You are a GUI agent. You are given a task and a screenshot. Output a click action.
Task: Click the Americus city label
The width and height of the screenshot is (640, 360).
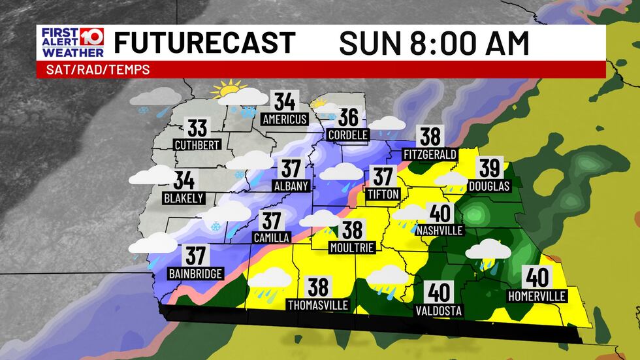coord(284,120)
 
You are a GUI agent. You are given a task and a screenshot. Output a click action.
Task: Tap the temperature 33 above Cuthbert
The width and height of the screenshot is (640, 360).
coord(197,127)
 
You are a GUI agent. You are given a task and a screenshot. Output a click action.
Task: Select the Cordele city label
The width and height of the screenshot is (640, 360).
coord(349,135)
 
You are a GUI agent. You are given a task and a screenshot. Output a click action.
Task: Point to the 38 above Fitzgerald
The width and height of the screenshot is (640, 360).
coord(430,137)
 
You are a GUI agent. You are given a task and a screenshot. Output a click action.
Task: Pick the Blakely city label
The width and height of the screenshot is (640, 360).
coord(185,198)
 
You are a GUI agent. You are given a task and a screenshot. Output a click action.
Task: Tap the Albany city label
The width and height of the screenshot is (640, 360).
coord(291,186)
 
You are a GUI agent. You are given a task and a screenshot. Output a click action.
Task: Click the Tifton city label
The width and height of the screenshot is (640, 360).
coord(383,193)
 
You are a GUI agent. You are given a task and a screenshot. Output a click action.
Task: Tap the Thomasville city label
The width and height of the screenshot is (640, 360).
coord(319,304)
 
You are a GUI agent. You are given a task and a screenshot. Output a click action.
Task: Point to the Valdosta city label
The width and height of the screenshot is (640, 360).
coord(438,310)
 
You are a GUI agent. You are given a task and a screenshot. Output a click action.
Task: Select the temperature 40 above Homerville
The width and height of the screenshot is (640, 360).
coord(537,279)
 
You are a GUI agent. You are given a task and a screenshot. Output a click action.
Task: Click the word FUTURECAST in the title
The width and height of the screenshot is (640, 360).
coord(204,43)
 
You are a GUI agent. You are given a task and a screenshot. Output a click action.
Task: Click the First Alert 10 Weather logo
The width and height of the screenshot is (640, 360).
coord(71,43)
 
